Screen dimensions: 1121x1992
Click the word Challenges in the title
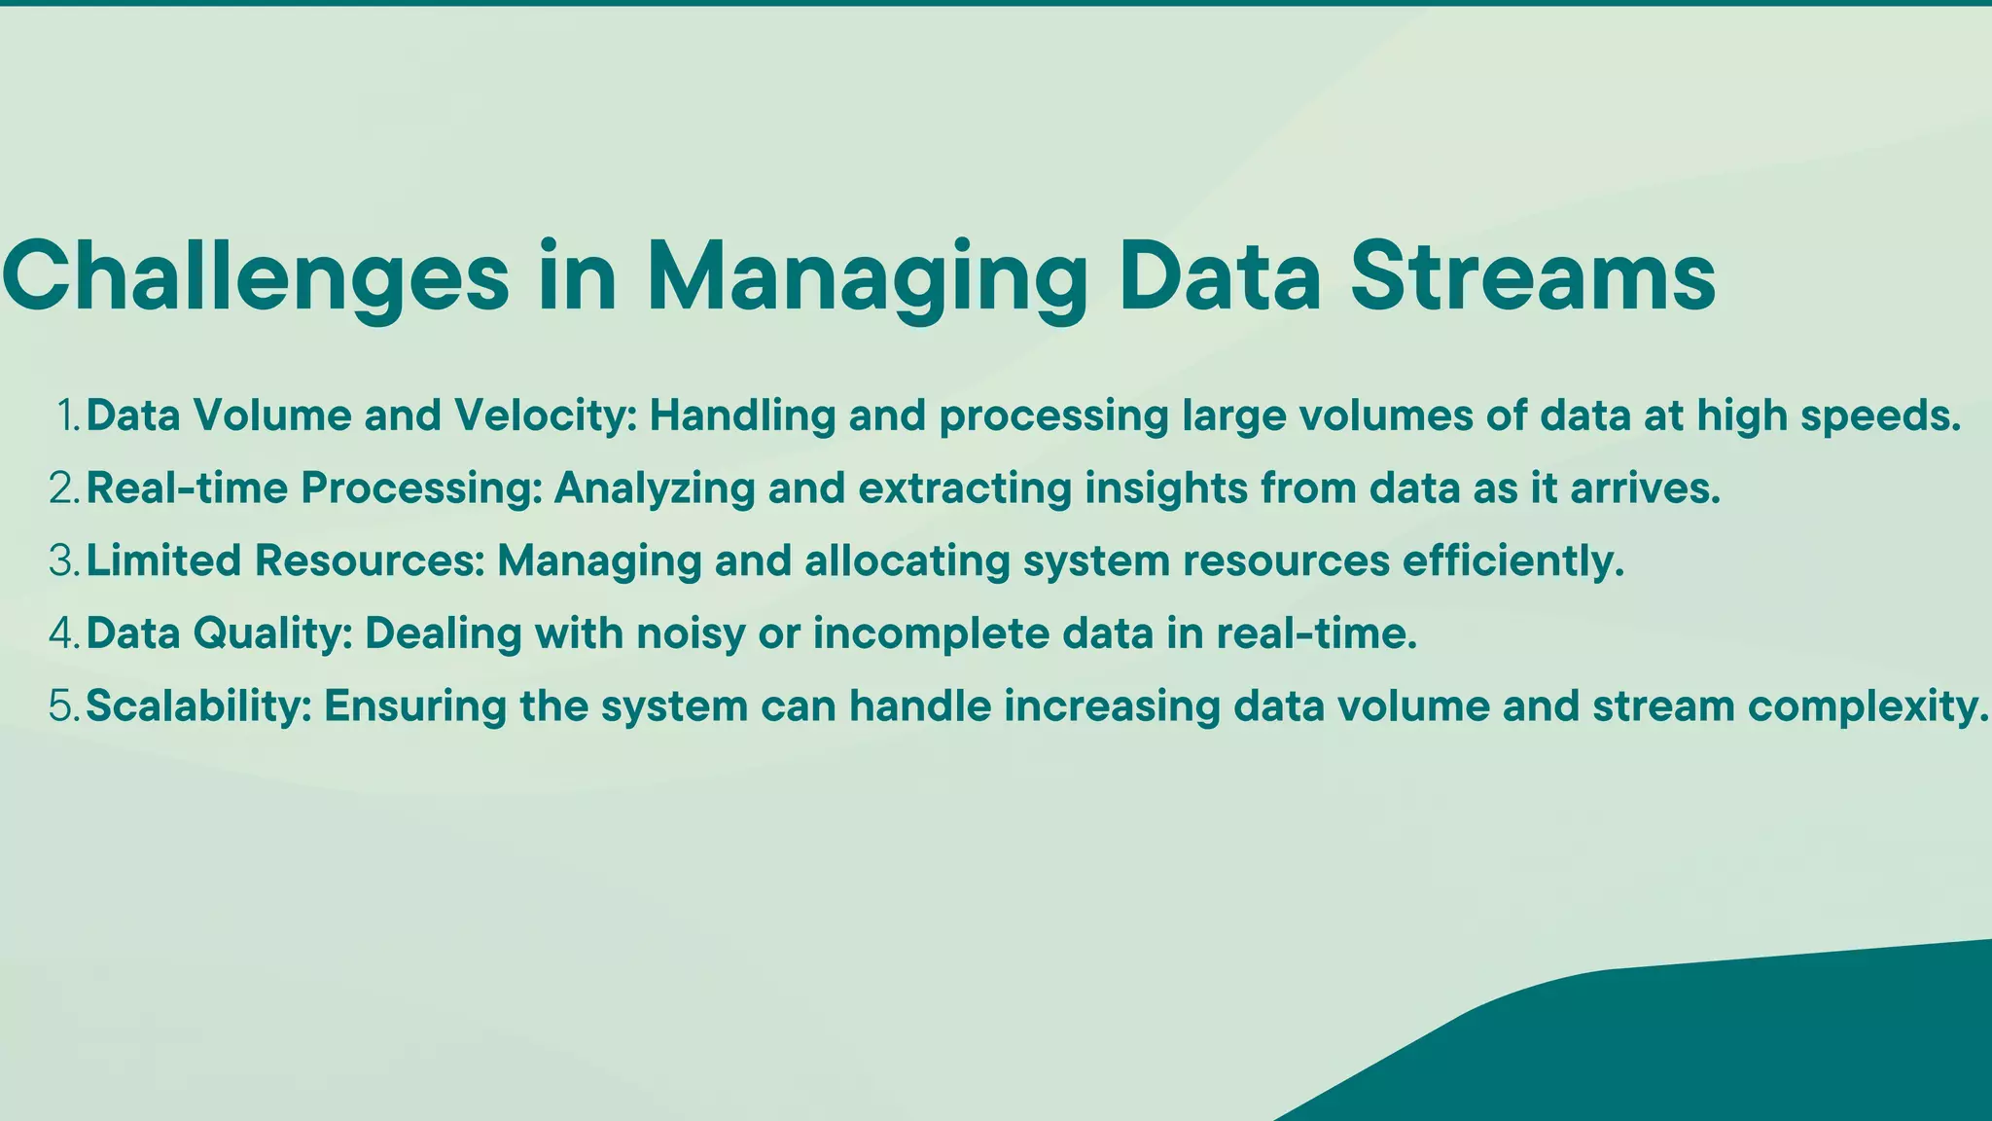click(x=255, y=276)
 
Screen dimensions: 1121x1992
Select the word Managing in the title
click(x=867, y=276)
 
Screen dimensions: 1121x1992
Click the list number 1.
click(x=68, y=416)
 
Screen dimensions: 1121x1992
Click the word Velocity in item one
click(x=545, y=416)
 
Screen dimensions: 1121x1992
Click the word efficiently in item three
click(x=1513, y=560)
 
